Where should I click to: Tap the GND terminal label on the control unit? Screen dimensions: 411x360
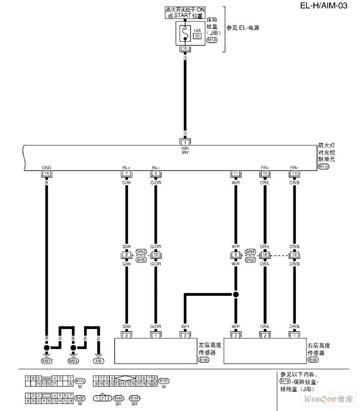pos(47,167)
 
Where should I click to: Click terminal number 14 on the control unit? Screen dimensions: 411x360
pos(47,173)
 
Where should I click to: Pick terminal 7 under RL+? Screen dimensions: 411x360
pos(126,173)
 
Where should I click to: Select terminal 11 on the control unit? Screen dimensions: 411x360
pos(235,173)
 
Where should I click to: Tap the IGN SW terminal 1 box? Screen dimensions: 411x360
pos(185,142)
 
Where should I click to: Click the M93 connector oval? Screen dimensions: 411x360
pos(141,251)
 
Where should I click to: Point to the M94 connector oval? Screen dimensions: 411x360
pos(250,251)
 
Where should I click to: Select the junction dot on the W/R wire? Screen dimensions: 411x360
pos(235,294)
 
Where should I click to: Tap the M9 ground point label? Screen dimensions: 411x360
pos(99,361)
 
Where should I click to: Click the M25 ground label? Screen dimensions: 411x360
pos(73,361)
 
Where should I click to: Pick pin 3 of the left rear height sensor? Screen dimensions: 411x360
pos(185,336)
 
